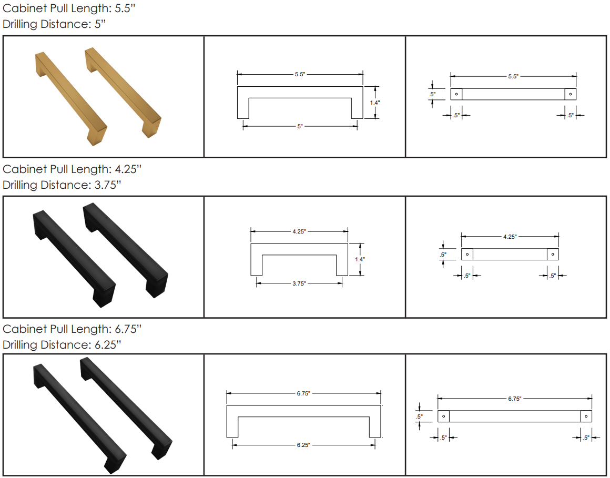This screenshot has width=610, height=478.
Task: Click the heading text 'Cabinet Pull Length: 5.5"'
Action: pyautogui.click(x=69, y=8)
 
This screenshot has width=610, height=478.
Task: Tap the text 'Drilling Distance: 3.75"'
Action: pyautogui.click(x=62, y=185)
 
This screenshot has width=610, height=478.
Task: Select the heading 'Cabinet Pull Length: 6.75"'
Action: pyautogui.click(x=72, y=329)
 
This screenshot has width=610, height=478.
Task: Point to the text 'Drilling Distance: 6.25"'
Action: pyautogui.click(x=62, y=344)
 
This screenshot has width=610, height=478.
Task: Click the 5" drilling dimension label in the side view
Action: pyautogui.click(x=300, y=126)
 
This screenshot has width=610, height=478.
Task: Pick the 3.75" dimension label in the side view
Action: pyautogui.click(x=299, y=283)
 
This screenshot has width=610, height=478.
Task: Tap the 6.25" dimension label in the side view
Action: pyautogui.click(x=303, y=445)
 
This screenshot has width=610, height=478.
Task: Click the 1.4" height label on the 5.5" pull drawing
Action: pyautogui.click(x=374, y=103)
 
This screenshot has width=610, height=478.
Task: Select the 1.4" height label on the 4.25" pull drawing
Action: pyautogui.click(x=360, y=259)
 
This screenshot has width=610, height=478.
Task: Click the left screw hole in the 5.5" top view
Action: pyautogui.click(x=456, y=94)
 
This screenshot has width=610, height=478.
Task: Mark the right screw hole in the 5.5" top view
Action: pyautogui.click(x=571, y=94)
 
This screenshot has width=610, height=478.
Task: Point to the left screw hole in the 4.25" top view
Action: pyautogui.click(x=467, y=255)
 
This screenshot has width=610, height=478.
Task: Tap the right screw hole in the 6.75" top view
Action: pyautogui.click(x=586, y=416)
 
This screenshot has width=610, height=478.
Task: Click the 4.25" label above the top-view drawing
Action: pyautogui.click(x=510, y=237)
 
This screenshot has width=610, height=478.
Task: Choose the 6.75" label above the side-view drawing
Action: pyautogui.click(x=303, y=393)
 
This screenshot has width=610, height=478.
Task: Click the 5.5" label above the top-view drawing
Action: pyautogui.click(x=513, y=76)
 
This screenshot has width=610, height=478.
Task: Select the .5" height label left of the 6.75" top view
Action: pyautogui.click(x=419, y=416)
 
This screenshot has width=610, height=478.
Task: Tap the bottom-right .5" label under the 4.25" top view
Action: pyautogui.click(x=553, y=276)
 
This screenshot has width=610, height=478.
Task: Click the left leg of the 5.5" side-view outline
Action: pyautogui.click(x=243, y=108)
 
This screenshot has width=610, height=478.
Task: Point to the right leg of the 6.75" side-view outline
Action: pyautogui.click(x=375, y=427)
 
